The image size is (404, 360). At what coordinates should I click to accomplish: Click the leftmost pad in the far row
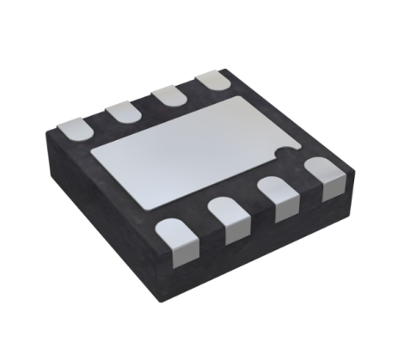[76, 127]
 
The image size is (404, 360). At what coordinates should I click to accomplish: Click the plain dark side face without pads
[95, 215]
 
